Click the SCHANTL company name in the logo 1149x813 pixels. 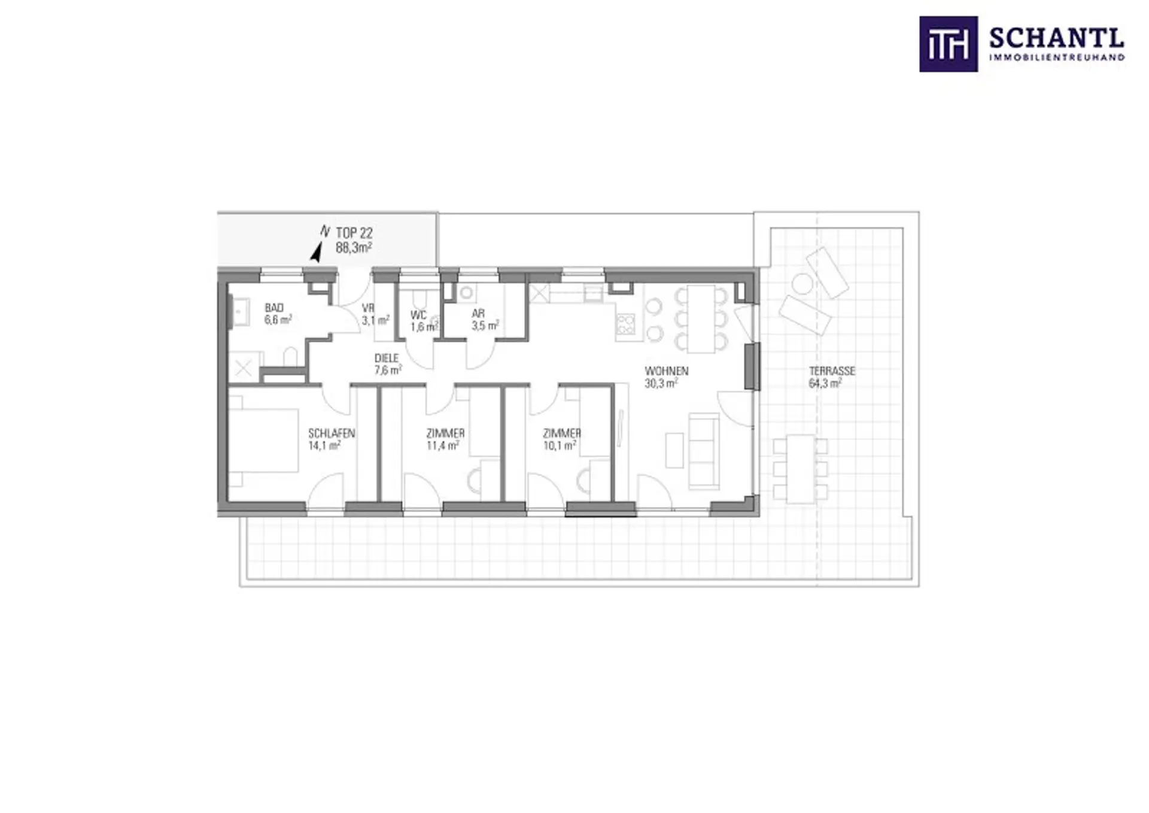(x=1057, y=40)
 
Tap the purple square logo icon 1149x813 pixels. (x=949, y=44)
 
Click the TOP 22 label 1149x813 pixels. (x=354, y=233)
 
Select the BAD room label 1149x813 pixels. (x=274, y=308)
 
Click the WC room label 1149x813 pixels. (x=418, y=315)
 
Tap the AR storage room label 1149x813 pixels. (x=478, y=314)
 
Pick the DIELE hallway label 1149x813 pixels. (x=387, y=359)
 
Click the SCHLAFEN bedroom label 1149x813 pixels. (x=332, y=433)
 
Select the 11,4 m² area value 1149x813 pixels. (x=443, y=445)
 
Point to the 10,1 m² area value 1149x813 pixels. (x=560, y=445)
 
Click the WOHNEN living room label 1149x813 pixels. (x=667, y=371)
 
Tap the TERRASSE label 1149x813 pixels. (x=832, y=371)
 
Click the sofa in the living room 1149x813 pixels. (x=704, y=451)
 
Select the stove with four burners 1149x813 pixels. (x=625, y=324)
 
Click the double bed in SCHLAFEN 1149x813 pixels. (x=263, y=441)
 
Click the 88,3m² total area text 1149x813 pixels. (x=354, y=247)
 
